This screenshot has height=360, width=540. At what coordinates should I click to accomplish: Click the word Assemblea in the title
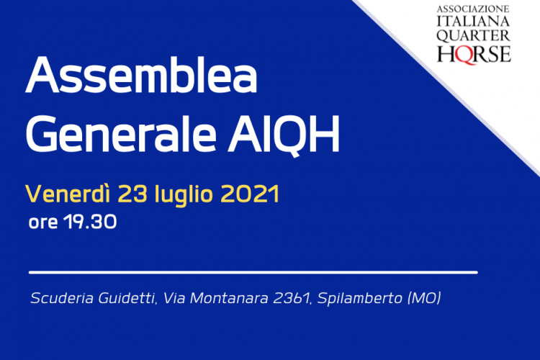(141, 75)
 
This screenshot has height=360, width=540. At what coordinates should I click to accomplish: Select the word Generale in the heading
(121, 134)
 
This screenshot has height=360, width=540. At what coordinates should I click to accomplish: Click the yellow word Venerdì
(68, 194)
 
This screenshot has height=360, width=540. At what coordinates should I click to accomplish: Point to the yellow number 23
(132, 194)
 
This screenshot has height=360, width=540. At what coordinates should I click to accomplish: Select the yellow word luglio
(184, 195)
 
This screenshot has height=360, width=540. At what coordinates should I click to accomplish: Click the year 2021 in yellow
(250, 194)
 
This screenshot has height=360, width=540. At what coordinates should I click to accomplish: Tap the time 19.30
(90, 222)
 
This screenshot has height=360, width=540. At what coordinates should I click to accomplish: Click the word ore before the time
(43, 223)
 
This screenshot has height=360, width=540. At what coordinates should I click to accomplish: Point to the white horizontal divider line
(253, 272)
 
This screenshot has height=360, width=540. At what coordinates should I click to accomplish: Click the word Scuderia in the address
(62, 298)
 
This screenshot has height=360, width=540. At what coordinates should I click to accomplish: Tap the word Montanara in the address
(229, 298)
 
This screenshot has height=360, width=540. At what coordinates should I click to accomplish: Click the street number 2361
(292, 298)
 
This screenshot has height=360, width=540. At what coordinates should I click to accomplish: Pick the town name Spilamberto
(359, 299)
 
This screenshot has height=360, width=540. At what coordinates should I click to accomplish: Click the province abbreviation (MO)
(424, 298)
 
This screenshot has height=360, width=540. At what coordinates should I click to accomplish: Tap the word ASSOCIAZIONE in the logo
(473, 9)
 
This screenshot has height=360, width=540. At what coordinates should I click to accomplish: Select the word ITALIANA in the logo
(473, 22)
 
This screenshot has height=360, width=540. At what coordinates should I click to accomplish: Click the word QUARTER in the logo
(473, 36)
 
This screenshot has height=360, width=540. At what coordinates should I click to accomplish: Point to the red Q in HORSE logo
(465, 55)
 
